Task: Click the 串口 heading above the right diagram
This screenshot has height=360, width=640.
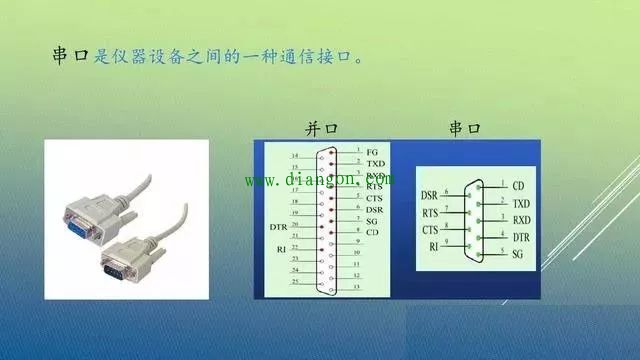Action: tap(465, 129)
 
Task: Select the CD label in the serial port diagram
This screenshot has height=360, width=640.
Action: tap(518, 186)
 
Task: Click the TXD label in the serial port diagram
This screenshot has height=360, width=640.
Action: tap(521, 203)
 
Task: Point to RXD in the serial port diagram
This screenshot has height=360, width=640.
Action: tap(521, 220)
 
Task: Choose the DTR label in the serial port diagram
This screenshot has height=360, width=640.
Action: tap(521, 237)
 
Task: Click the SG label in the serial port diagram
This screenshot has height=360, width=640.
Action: tap(518, 254)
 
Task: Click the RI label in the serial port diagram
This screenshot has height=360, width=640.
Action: tap(434, 246)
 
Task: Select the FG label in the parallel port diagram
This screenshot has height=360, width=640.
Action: tap(372, 151)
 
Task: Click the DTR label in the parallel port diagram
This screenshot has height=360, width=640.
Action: tap(279, 227)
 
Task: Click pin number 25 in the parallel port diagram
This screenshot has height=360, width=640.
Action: tap(294, 283)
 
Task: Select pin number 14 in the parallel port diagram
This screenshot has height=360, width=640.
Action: tap(294, 157)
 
